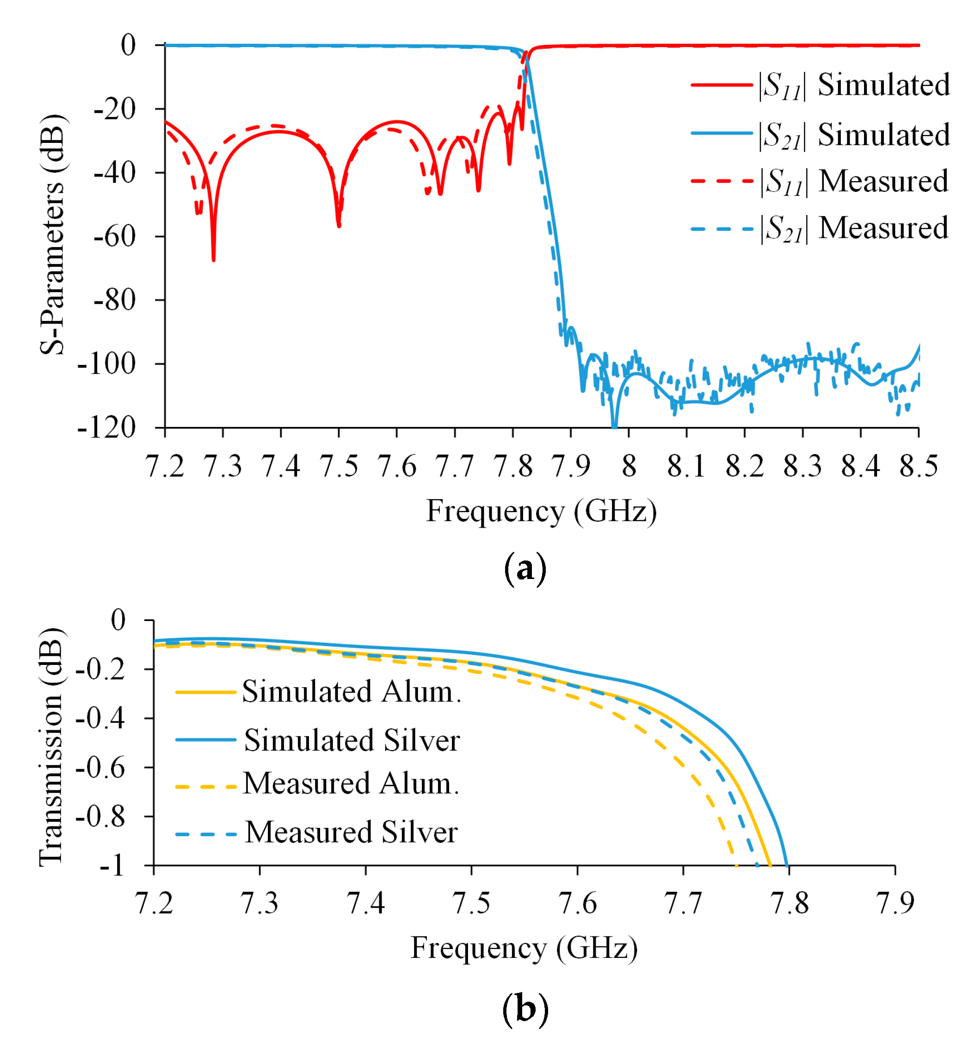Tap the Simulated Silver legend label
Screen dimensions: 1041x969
(352, 740)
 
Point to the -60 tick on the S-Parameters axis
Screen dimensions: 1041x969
(114, 236)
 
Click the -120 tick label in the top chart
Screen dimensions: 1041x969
(106, 428)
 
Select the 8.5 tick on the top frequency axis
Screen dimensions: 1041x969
(918, 466)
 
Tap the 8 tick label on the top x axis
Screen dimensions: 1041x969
(629, 466)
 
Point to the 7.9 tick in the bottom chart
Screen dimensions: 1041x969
(895, 903)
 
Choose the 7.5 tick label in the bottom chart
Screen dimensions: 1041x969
(471, 903)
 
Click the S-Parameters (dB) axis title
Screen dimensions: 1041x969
(52, 234)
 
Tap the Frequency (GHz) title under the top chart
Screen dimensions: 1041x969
(541, 511)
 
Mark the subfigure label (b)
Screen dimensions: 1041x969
(525, 1008)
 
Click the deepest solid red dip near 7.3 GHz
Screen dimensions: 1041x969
(213, 259)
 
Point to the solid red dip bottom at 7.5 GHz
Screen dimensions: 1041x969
(339, 225)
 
